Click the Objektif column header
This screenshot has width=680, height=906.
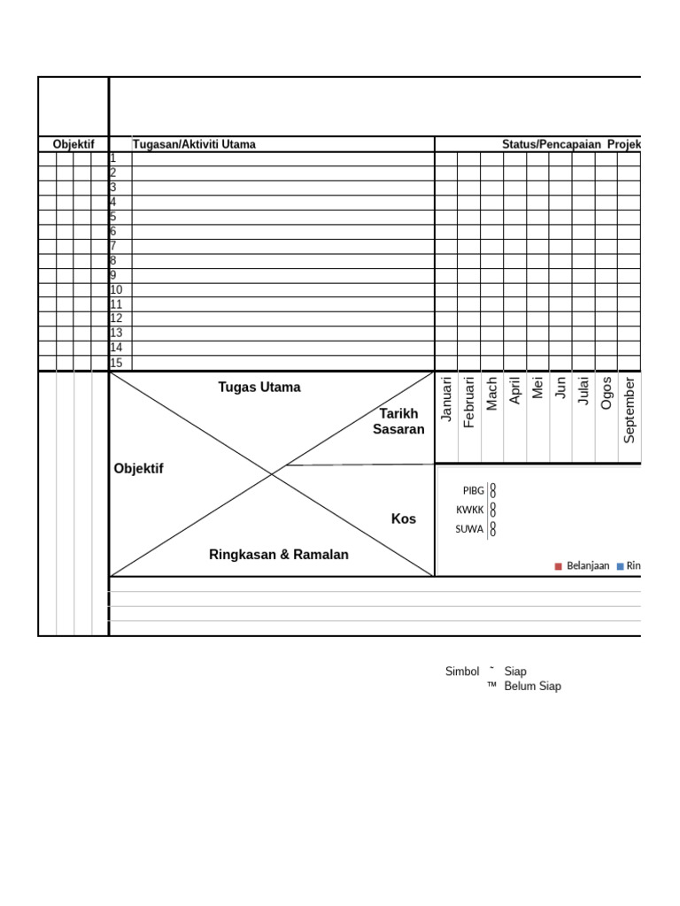(73, 144)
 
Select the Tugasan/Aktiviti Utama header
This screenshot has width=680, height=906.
(194, 144)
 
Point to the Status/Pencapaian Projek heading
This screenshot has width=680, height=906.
(571, 144)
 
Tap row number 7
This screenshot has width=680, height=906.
(113, 246)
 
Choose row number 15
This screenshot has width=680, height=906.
(116, 363)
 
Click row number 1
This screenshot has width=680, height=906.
(112, 158)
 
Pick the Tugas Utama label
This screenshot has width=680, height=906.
(259, 387)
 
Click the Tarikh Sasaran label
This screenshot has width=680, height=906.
(398, 421)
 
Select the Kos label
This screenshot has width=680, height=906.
(404, 518)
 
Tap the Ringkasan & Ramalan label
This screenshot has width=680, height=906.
(279, 555)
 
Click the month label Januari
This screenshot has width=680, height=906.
(447, 399)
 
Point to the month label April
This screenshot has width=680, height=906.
(515, 391)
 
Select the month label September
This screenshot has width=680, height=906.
(630, 410)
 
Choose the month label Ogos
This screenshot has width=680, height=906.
(607, 393)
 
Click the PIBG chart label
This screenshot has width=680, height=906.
(474, 490)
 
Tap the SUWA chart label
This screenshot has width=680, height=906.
(469, 529)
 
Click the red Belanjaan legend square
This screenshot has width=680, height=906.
(559, 566)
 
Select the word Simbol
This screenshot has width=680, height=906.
(461, 672)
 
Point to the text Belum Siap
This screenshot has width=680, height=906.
(532, 686)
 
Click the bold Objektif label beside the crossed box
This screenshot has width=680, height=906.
(139, 468)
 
